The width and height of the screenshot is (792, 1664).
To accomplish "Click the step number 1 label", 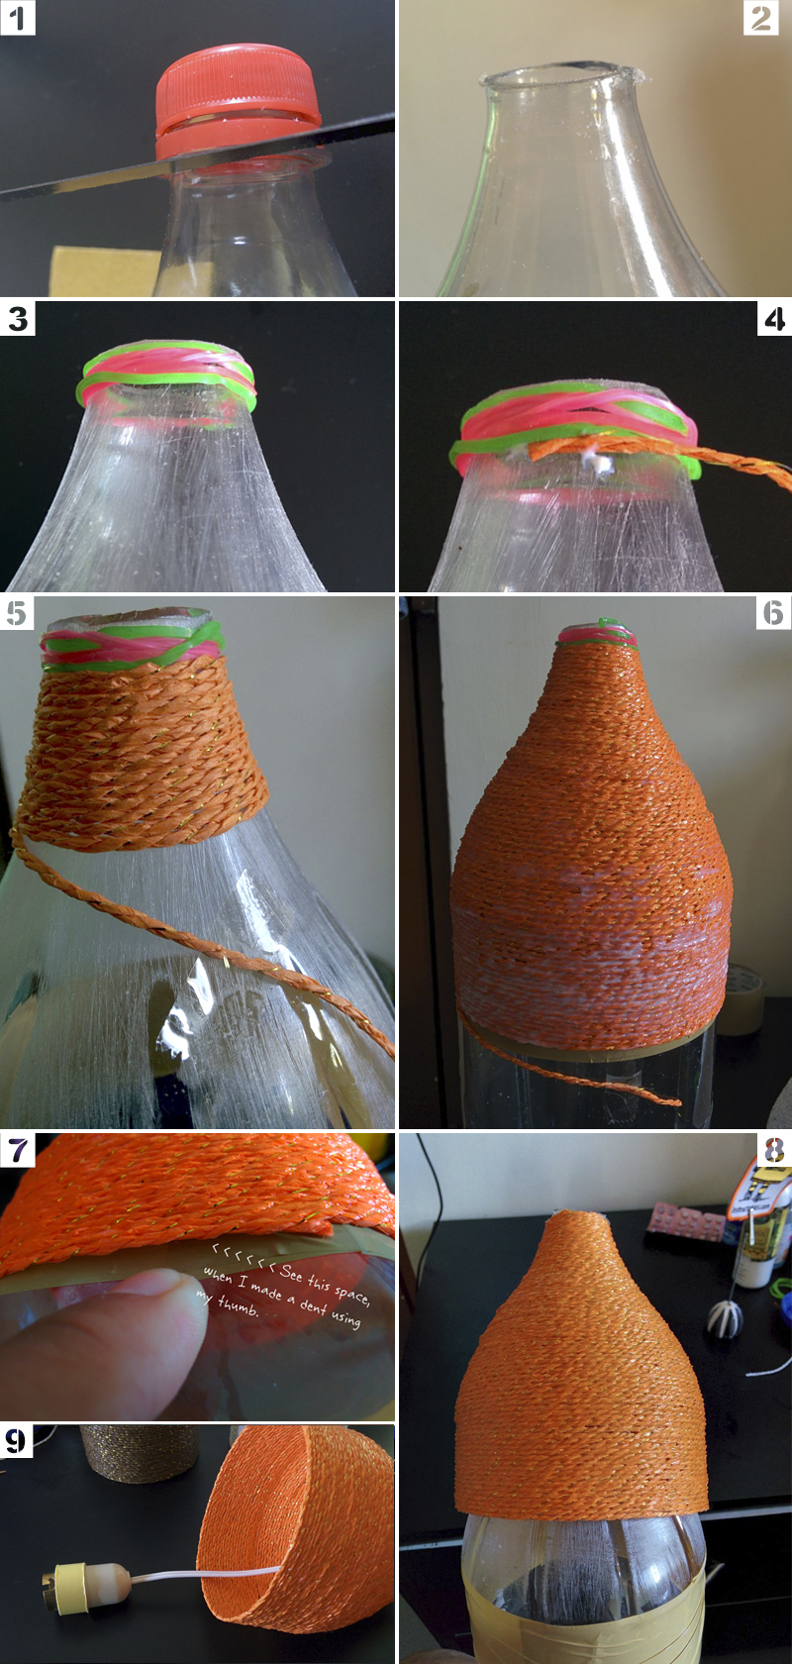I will (17, 18).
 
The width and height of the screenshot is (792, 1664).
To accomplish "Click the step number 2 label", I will (760, 18).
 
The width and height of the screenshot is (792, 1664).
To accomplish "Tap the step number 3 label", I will (17, 318).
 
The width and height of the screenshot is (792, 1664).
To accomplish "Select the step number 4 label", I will (774, 318).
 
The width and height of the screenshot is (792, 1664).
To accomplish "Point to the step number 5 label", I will (17, 612).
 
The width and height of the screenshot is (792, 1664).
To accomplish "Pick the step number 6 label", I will (774, 612).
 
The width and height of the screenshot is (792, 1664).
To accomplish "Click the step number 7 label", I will (17, 1150).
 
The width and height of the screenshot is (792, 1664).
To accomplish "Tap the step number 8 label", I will (774, 1150).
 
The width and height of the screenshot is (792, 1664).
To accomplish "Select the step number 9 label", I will (16, 1440).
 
